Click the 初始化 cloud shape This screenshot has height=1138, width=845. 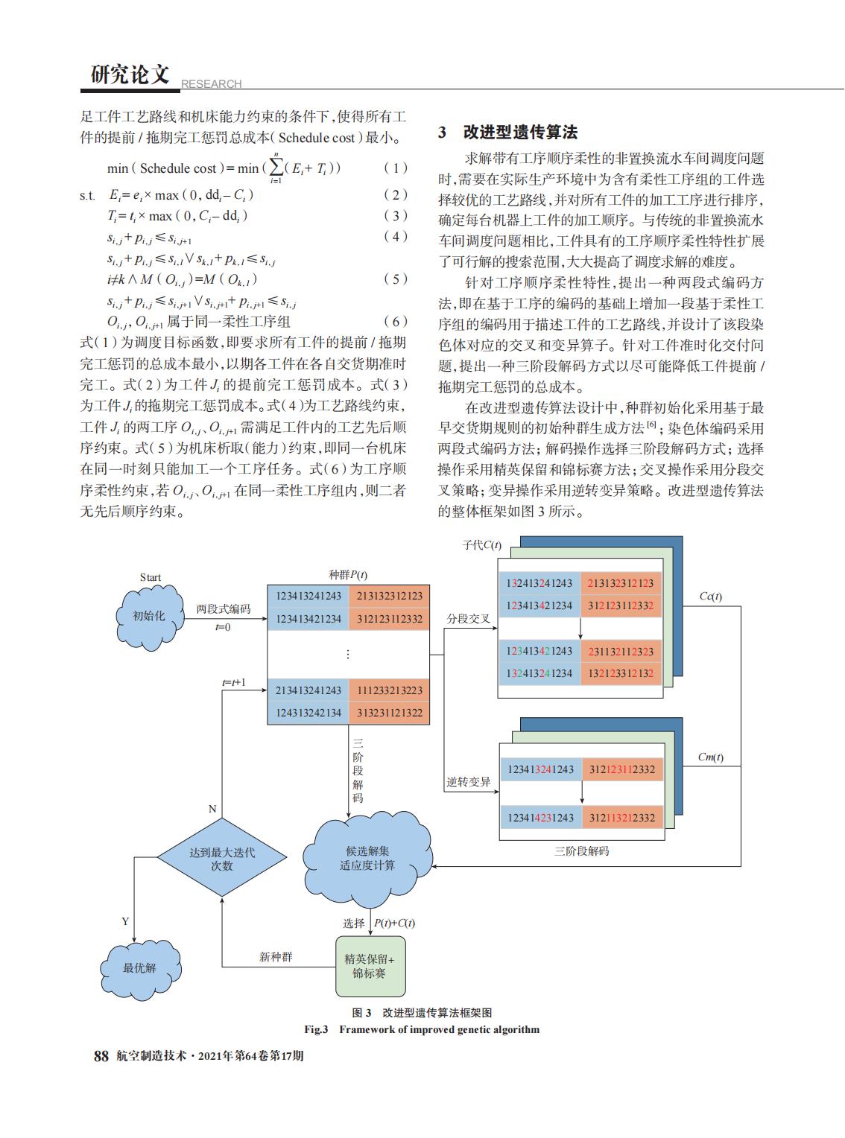click(x=149, y=617)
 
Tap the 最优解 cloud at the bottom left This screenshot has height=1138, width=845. click(x=140, y=969)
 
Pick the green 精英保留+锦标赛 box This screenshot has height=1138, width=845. click(x=370, y=966)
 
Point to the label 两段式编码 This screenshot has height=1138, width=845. click(x=224, y=608)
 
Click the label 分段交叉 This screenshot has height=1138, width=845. click(x=468, y=619)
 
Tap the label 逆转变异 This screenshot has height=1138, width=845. click(x=468, y=782)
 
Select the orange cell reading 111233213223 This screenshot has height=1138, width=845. click(x=390, y=690)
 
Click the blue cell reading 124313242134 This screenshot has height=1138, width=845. click(x=308, y=713)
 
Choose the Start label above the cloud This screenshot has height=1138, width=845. click(x=151, y=577)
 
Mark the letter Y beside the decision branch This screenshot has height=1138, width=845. click(x=125, y=921)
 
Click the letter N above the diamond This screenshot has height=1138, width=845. click(x=212, y=809)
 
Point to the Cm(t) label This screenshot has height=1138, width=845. click(x=710, y=757)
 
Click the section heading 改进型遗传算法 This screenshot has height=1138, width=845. click(x=521, y=132)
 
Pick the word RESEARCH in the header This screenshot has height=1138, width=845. click(x=211, y=83)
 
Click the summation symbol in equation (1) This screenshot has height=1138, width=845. click(x=276, y=168)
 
